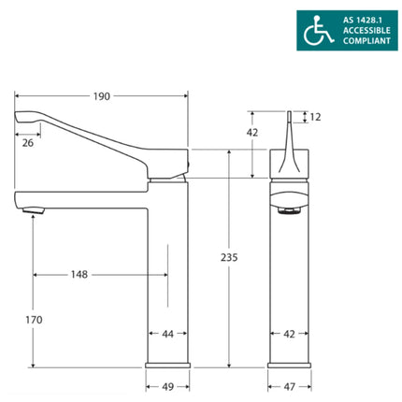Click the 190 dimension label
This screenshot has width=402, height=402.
(x=102, y=95)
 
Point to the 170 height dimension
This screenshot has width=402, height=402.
(x=33, y=321)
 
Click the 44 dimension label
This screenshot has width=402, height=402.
(x=167, y=333)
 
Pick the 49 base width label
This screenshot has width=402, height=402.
(x=167, y=384)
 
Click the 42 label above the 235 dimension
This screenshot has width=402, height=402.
(x=252, y=132)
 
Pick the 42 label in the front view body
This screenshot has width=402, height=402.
(x=289, y=333)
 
